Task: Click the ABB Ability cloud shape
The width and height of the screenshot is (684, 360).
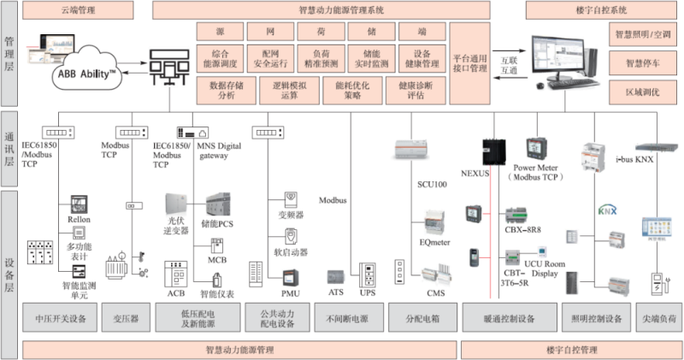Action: [85, 74]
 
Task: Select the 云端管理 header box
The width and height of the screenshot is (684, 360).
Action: [79, 10]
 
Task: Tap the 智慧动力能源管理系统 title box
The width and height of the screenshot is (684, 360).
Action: [341, 10]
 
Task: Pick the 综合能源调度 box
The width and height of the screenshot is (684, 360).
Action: [220, 58]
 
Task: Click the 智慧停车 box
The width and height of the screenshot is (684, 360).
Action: [643, 62]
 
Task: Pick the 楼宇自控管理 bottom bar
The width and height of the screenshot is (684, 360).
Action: [570, 349]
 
